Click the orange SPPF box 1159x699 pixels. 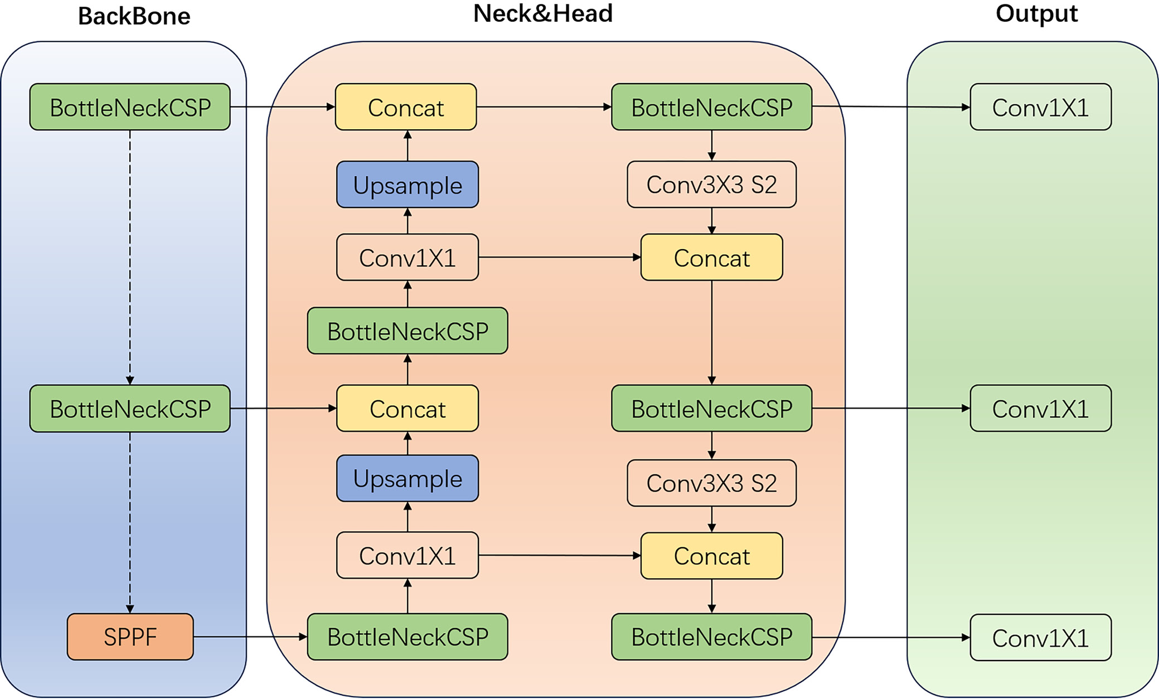pos(130,637)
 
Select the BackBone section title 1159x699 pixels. pos(134,16)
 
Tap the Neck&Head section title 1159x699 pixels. pos(542,13)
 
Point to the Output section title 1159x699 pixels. pos(1036,13)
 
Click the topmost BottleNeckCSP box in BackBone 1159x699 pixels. pos(130,107)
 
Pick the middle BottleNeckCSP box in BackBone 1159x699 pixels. pos(130,409)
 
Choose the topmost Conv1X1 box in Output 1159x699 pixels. pos(1040,107)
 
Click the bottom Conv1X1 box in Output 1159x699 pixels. pos(1040,638)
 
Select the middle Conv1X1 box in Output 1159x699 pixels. pos(1040,409)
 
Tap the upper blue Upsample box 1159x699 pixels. pos(408,185)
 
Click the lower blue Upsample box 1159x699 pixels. pos(408,478)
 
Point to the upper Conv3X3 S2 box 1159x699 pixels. pos(711,185)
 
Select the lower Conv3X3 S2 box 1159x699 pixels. pos(711,483)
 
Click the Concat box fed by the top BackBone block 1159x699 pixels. pos(406,107)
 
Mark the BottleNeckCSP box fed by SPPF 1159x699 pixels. pos(408,637)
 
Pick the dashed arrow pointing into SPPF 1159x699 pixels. pos(130,524)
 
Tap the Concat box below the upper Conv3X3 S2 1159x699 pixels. pos(711,258)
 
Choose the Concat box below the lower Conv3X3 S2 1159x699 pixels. pos(711,556)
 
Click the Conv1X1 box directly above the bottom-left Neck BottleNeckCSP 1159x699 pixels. pos(408,555)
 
